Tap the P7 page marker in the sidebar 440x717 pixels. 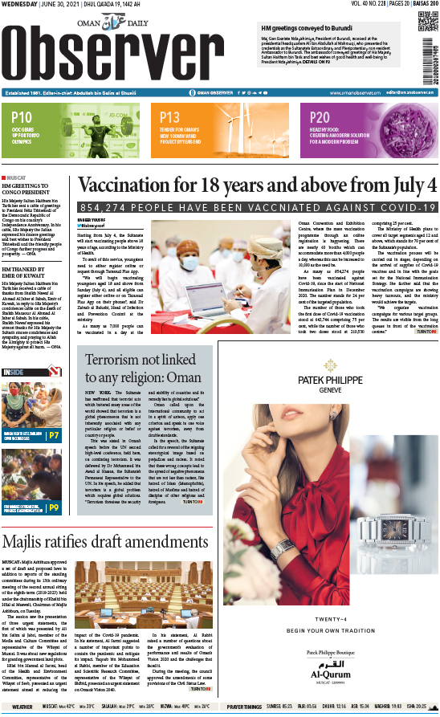[x=54, y=436]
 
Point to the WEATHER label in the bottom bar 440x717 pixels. [x=22, y=707]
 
